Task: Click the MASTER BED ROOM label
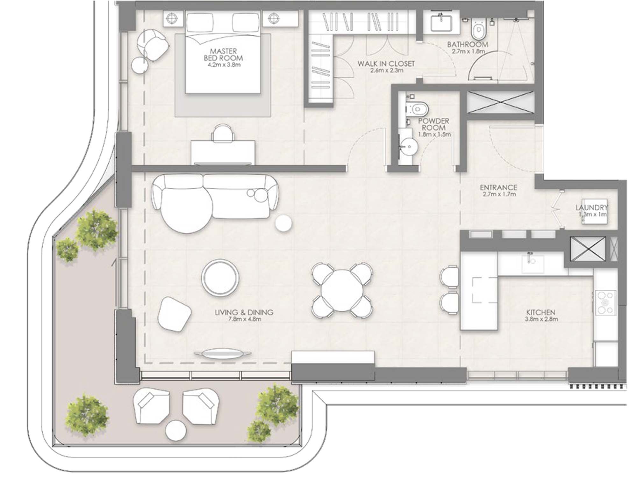(x=223, y=55)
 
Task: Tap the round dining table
(x=341, y=290)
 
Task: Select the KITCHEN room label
(x=540, y=312)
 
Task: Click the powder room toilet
(x=419, y=109)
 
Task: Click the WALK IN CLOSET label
(x=386, y=64)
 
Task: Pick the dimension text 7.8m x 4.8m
(x=245, y=319)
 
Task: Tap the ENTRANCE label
(x=498, y=187)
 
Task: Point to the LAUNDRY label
(x=591, y=208)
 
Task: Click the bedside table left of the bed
(x=173, y=18)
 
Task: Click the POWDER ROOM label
(x=433, y=124)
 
